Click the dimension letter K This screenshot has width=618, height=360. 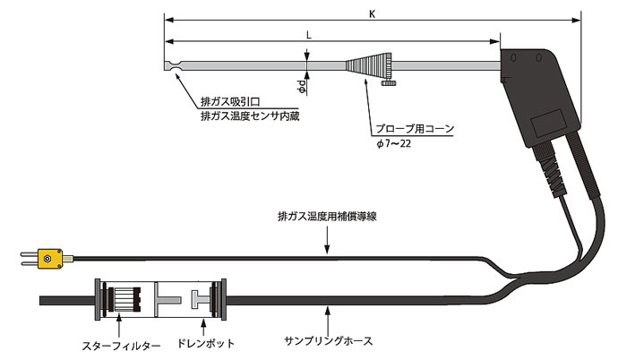coord(371,13)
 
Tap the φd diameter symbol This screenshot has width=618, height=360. coord(303,87)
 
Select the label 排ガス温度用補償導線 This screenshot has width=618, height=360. coord(326,216)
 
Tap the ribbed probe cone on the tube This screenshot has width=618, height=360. coord(366,66)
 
